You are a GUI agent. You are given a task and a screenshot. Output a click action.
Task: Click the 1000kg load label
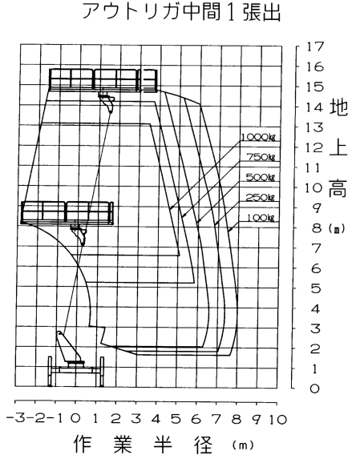[x=258, y=137]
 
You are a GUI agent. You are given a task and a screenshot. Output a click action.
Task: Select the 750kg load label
[x=261, y=157]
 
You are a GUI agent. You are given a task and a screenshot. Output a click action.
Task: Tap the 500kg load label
[x=261, y=177]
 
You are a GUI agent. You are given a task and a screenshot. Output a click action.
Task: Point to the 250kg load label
[x=261, y=197]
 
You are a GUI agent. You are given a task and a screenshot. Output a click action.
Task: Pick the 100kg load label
[x=261, y=218]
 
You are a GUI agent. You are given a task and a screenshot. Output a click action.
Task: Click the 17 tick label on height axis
[x=315, y=46]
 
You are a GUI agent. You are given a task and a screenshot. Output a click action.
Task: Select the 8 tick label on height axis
[x=317, y=228]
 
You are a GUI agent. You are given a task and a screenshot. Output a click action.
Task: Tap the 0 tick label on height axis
[x=315, y=389]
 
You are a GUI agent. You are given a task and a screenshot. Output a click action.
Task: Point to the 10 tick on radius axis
[x=277, y=419]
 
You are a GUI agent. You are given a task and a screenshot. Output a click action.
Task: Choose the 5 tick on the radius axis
[x=176, y=419]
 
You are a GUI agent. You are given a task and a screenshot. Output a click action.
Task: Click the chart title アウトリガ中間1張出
[x=181, y=12]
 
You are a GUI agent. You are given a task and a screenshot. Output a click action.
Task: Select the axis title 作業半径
[x=143, y=444]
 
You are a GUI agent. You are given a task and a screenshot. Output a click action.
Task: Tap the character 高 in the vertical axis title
[x=338, y=187]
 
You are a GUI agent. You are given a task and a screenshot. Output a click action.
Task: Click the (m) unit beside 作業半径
[x=243, y=445]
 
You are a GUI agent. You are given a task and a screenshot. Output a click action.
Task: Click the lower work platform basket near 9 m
[x=67, y=212]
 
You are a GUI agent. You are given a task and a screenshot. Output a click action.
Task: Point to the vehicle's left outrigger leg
[x=50, y=372]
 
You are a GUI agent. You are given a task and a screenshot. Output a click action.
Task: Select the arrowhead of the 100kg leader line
[x=230, y=230]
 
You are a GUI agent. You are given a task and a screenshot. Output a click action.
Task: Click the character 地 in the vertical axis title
[x=338, y=107]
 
